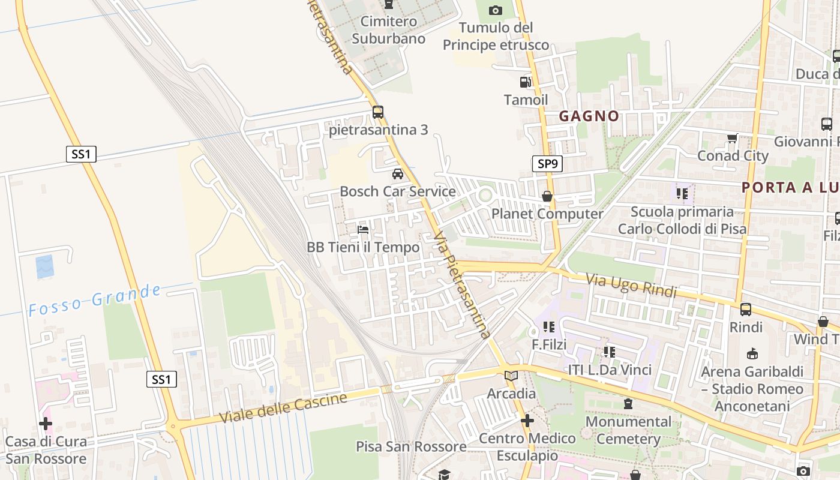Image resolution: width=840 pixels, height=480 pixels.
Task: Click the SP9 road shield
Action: pyautogui.click(x=547, y=163)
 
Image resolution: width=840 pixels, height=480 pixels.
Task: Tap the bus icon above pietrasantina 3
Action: pyautogui.click(x=378, y=112)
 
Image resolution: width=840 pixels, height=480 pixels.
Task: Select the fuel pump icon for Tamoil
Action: pyautogui.click(x=525, y=82)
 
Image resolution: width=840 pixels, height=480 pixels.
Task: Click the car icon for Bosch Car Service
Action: pyautogui.click(x=397, y=174)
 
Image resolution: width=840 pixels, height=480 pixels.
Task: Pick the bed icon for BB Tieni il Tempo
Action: pyautogui.click(x=363, y=229)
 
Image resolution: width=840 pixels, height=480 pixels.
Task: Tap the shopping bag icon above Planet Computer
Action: pyautogui.click(x=547, y=196)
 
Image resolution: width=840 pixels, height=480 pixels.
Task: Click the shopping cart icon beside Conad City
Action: pyautogui.click(x=732, y=139)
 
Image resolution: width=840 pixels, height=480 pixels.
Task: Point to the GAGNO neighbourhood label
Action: pyautogui.click(x=589, y=116)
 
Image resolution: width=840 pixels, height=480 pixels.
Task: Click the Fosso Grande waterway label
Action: pyautogui.click(x=95, y=300)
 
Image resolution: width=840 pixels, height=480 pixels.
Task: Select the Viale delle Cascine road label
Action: pyautogui.click(x=283, y=408)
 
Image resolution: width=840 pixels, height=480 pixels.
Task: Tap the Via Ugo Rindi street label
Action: pyautogui.click(x=631, y=286)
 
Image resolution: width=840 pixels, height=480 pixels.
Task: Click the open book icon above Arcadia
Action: pyautogui.click(x=511, y=376)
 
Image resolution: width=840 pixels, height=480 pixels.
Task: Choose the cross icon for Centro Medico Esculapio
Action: pyautogui.click(x=527, y=421)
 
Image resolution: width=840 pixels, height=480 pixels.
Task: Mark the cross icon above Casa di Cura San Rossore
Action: pyautogui.click(x=46, y=424)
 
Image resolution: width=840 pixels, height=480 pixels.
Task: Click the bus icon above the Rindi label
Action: pyautogui.click(x=746, y=310)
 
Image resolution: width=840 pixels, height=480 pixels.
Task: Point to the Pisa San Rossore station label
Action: pyautogui.click(x=411, y=447)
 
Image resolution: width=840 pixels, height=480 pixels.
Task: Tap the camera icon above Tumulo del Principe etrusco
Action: pyautogui.click(x=496, y=10)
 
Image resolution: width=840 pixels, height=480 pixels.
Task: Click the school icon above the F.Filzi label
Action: pyautogui.click(x=548, y=327)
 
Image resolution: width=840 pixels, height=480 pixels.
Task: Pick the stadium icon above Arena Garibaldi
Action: pyautogui.click(x=752, y=353)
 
